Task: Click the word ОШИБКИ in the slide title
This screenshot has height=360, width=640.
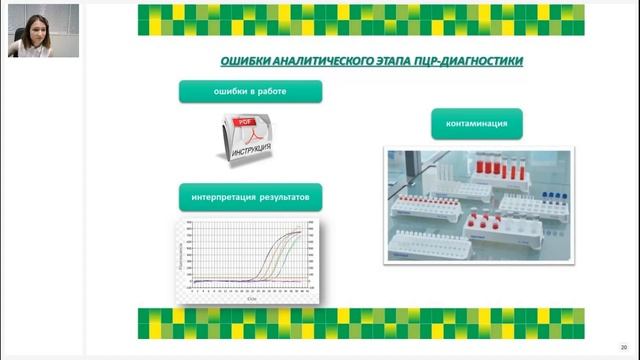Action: [x=245, y=62]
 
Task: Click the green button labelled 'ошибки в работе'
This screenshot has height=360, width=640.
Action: [x=250, y=92]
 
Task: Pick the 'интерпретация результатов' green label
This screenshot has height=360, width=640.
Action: [x=250, y=197]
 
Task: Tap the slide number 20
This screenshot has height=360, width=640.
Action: [x=623, y=347]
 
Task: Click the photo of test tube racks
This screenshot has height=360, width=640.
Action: [x=479, y=205]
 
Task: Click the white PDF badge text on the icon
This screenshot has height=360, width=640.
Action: [x=243, y=124]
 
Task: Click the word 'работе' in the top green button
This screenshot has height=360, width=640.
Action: [x=272, y=92]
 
